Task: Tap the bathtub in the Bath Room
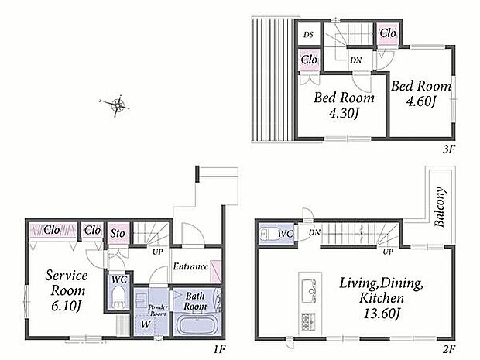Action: (197, 326)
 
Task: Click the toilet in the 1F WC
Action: (118, 297)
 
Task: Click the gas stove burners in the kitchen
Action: (309, 322)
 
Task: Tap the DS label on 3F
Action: (309, 35)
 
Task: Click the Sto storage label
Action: (118, 234)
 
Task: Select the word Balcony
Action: (440, 207)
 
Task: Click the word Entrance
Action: (190, 266)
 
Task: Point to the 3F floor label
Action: (450, 149)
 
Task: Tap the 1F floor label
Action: (220, 348)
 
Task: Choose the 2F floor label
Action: (450, 348)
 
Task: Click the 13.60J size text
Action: (382, 314)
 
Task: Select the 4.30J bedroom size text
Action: (343, 114)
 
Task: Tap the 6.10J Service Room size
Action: (67, 306)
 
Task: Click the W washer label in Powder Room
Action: (146, 324)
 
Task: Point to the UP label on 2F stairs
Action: (388, 252)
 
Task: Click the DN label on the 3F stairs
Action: (355, 60)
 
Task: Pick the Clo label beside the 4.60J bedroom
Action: (388, 33)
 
